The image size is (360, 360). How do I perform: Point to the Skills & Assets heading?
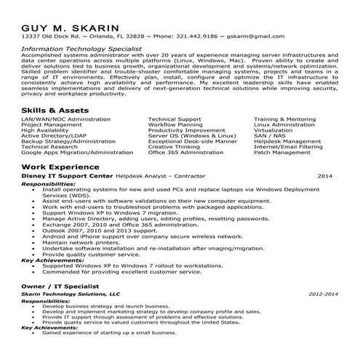(52, 108)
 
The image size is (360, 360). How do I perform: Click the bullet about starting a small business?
(109, 332)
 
